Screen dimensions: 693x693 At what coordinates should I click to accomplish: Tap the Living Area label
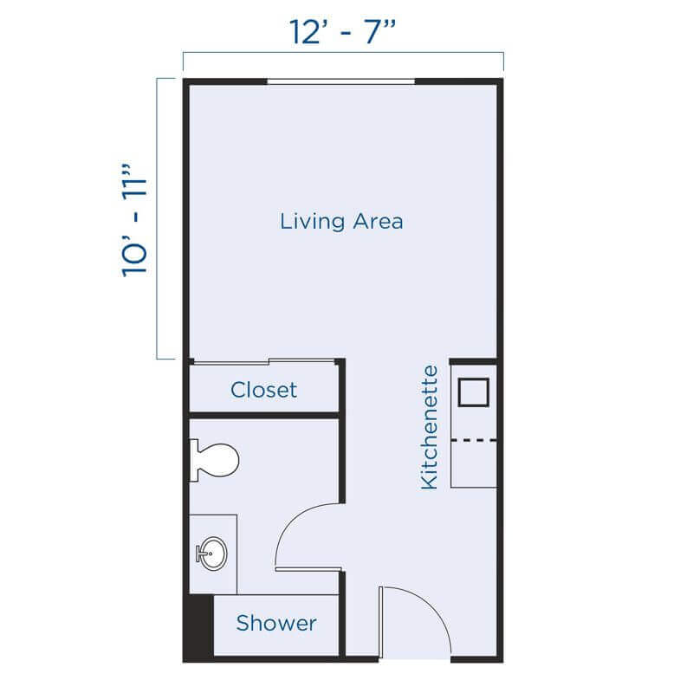341,221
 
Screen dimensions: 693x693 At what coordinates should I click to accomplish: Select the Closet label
263,390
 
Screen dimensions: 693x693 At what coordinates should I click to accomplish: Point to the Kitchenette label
430,427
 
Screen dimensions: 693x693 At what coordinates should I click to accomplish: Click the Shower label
276,623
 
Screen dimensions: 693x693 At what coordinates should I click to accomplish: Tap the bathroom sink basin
211,552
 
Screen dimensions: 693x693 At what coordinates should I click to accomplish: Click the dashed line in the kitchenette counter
473,441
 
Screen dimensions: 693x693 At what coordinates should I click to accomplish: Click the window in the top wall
340,82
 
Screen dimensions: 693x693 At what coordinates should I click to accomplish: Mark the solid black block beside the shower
198,626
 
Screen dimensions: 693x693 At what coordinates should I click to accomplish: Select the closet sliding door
262,361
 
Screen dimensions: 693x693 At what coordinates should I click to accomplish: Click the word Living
309,221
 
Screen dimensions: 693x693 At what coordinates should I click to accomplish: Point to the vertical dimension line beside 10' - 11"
158,219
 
